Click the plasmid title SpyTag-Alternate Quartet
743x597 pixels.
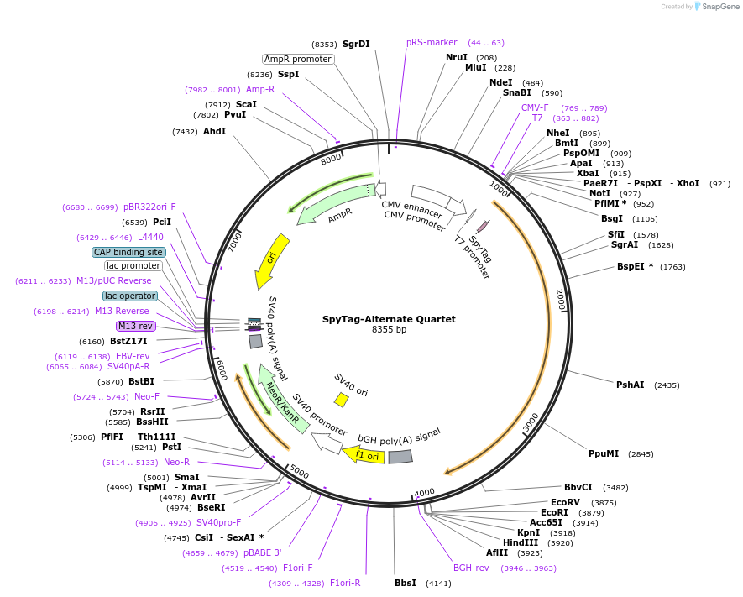(389, 319)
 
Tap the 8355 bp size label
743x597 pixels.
(389, 330)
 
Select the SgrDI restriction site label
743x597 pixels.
(356, 44)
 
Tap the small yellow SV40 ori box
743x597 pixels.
(342, 400)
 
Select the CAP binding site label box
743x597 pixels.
(128, 252)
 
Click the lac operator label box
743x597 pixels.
(130, 296)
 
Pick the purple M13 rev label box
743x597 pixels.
(135, 326)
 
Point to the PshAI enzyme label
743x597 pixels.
(631, 385)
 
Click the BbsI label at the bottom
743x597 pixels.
(406, 583)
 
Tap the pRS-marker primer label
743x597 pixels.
(432, 42)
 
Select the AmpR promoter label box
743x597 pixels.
(297, 59)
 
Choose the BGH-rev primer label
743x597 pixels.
(471, 568)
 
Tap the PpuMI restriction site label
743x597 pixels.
(604, 453)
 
